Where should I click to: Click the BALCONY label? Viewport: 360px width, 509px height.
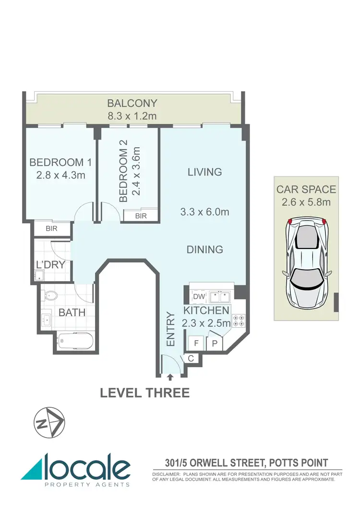[132, 103]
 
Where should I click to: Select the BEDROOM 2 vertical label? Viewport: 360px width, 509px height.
[124, 175]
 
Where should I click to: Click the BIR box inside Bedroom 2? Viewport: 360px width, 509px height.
[141, 216]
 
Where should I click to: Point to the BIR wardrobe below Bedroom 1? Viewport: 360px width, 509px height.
[51, 229]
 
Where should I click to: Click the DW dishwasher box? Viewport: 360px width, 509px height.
[199, 296]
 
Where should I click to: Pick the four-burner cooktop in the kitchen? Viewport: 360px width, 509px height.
[239, 321]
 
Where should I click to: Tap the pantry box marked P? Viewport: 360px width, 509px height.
[214, 343]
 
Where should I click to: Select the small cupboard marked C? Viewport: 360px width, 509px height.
[190, 358]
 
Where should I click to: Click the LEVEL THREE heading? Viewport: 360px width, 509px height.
[144, 393]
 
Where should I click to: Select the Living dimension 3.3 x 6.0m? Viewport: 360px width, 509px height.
[204, 212]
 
